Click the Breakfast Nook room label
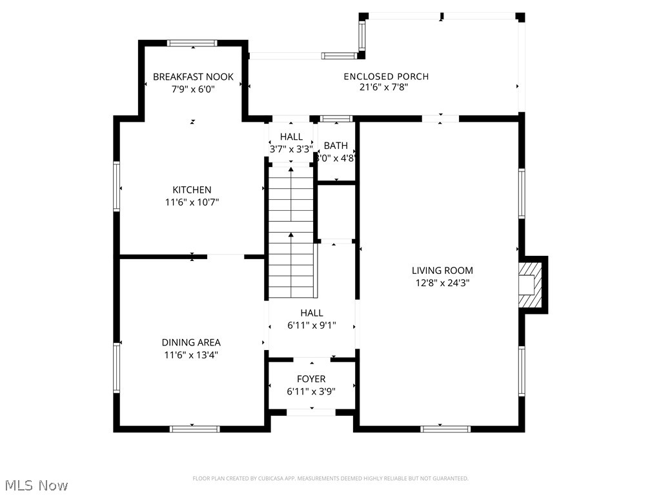tap(193, 77)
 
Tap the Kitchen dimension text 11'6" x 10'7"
tap(192, 202)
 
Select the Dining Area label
tap(191, 342)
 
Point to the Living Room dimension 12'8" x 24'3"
tap(442, 282)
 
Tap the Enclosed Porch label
tap(385, 76)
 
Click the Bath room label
tap(336, 146)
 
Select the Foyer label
tap(311, 379)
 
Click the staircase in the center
tap(291, 232)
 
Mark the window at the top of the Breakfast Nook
tap(192, 43)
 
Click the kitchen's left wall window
tap(117, 186)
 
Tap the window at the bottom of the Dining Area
tap(194, 429)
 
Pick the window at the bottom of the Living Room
tap(445, 429)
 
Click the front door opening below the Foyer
tap(311, 412)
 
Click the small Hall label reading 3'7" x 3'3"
tap(291, 149)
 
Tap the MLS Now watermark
tap(36, 485)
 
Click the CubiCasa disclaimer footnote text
tap(330, 478)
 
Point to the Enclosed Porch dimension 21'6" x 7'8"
tap(385, 88)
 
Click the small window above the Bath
tap(336, 119)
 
